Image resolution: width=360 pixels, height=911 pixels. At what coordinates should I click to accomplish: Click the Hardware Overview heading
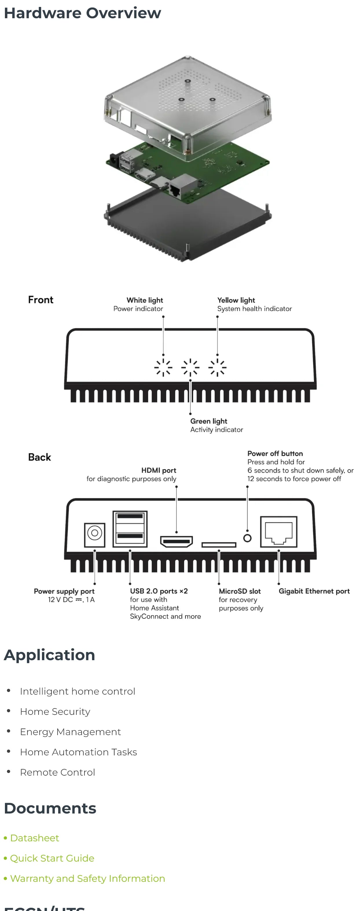click(82, 13)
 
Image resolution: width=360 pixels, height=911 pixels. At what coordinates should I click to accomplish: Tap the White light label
click(145, 300)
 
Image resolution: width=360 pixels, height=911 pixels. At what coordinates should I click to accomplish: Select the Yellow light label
click(236, 300)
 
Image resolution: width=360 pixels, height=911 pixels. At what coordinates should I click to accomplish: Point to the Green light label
click(209, 421)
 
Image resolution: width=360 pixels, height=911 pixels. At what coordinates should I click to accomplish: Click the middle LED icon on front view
click(190, 367)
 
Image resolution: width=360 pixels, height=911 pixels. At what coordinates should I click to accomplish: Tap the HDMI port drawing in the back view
click(177, 541)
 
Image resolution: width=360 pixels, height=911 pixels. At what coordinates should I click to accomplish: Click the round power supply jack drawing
click(94, 533)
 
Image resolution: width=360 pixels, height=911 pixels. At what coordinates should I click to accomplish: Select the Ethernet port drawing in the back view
click(279, 531)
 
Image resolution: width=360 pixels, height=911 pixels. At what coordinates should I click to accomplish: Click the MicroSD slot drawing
click(219, 545)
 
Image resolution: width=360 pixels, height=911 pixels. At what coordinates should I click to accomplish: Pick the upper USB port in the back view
click(130, 517)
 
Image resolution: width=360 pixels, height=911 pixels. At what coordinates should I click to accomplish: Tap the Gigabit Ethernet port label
click(314, 591)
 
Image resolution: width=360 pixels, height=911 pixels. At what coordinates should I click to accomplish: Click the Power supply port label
click(64, 591)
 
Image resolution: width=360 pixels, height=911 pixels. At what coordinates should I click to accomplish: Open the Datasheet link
click(34, 838)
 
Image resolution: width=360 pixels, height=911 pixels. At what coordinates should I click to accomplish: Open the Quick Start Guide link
click(52, 858)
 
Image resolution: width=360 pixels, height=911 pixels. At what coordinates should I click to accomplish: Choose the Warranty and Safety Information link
click(87, 879)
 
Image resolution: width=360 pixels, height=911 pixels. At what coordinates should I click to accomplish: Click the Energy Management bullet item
click(70, 732)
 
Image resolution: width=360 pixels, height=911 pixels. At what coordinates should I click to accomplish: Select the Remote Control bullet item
click(57, 772)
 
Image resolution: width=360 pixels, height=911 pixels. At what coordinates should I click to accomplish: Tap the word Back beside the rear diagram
click(40, 457)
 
